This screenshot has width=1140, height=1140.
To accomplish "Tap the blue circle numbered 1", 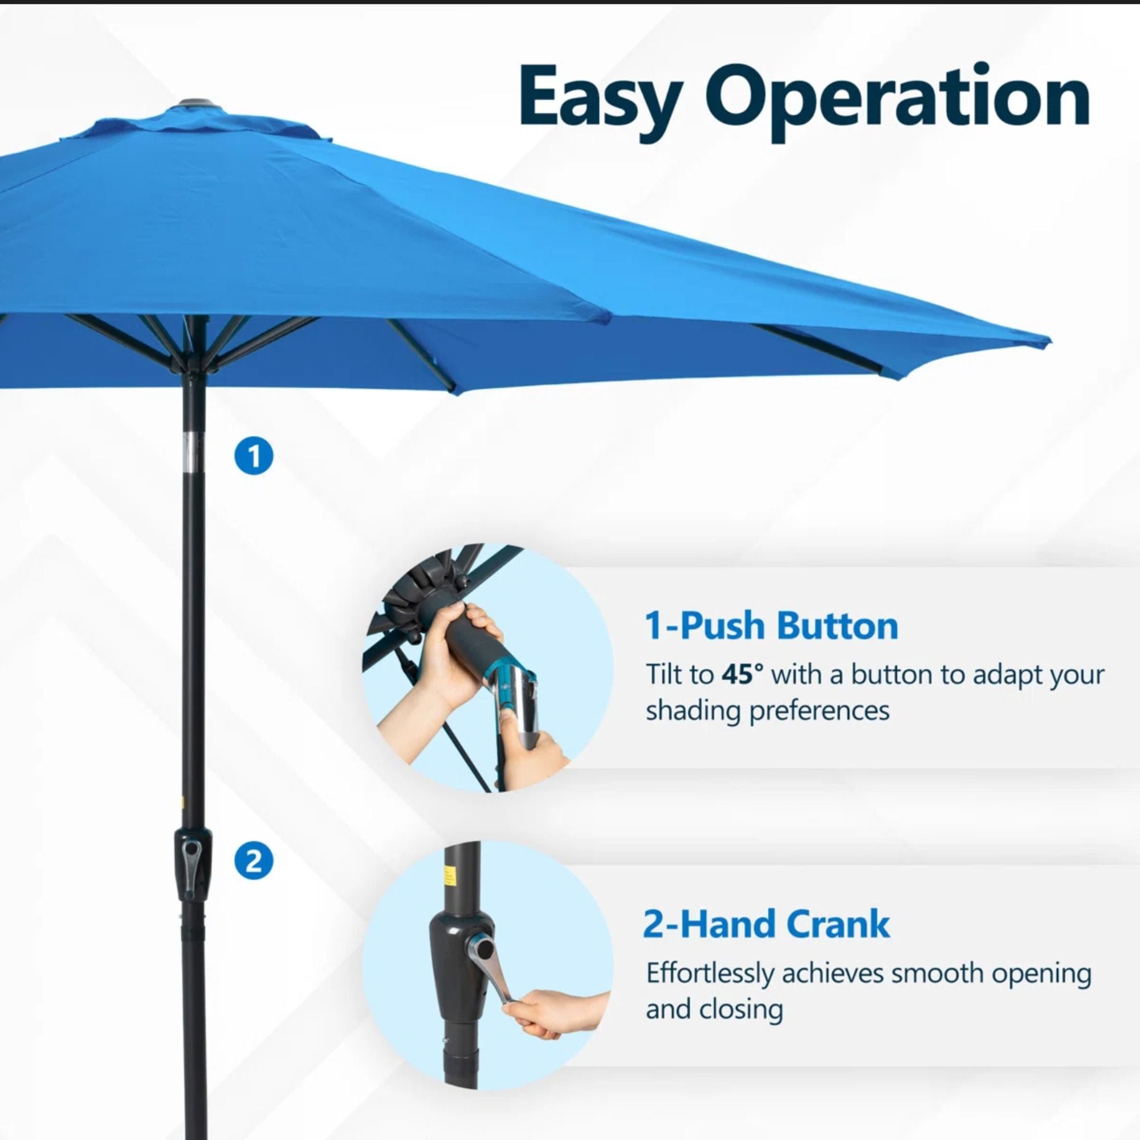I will pyautogui.click(x=254, y=456).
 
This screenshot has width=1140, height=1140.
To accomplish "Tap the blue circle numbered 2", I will pyautogui.click(x=254, y=862).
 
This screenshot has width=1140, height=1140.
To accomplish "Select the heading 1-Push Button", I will pyautogui.click(x=771, y=626).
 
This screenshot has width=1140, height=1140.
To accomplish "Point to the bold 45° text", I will pyautogui.click(x=742, y=675).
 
